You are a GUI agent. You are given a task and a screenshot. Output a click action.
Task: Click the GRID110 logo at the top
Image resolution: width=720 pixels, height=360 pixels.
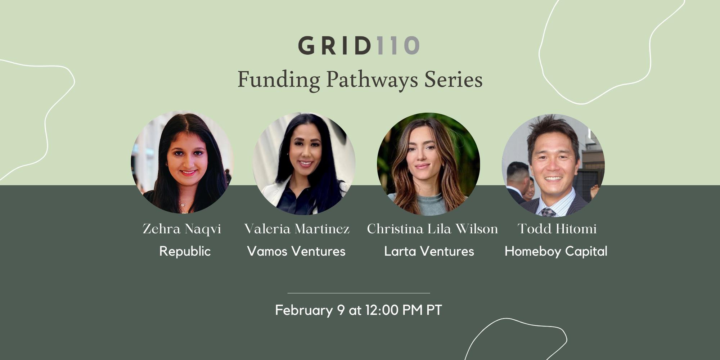(x=359, y=45)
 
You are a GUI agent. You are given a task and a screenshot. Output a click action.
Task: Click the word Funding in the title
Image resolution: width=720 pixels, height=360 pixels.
(x=279, y=80)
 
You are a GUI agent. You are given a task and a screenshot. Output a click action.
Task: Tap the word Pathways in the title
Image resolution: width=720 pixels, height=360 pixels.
(x=372, y=80)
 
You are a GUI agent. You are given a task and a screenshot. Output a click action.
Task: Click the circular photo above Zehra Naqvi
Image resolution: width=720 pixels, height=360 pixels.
(x=182, y=162)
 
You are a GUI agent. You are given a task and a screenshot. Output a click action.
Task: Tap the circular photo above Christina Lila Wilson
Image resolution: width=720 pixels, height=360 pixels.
(x=428, y=164)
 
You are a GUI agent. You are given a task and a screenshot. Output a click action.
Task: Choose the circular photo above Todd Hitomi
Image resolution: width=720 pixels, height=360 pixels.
(x=553, y=165)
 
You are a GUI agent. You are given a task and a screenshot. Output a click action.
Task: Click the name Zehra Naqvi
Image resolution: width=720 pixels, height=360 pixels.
(x=182, y=229)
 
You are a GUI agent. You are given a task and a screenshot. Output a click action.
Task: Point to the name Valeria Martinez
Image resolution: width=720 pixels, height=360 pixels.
(x=297, y=229)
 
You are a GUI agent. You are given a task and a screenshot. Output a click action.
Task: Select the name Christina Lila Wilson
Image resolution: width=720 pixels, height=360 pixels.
(x=432, y=229)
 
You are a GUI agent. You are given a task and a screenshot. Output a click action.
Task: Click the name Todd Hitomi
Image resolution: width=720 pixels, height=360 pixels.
(x=557, y=229)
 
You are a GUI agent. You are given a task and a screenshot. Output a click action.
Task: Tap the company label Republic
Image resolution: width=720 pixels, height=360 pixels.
(x=185, y=251)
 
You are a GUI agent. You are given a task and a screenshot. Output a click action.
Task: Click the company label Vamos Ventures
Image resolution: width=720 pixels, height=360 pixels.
(x=296, y=251)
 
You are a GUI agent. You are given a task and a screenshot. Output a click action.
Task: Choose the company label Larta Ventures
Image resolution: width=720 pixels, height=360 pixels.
(x=429, y=251)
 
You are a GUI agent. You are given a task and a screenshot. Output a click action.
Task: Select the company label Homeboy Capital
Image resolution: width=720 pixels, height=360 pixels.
(x=556, y=251)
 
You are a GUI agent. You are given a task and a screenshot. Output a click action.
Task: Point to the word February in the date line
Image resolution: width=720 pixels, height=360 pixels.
(x=304, y=310)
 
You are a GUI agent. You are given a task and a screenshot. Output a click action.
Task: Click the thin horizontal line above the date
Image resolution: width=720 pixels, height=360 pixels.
(x=359, y=293)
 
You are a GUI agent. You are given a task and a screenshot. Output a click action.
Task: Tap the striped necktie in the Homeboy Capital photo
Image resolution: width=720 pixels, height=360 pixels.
(x=548, y=212)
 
